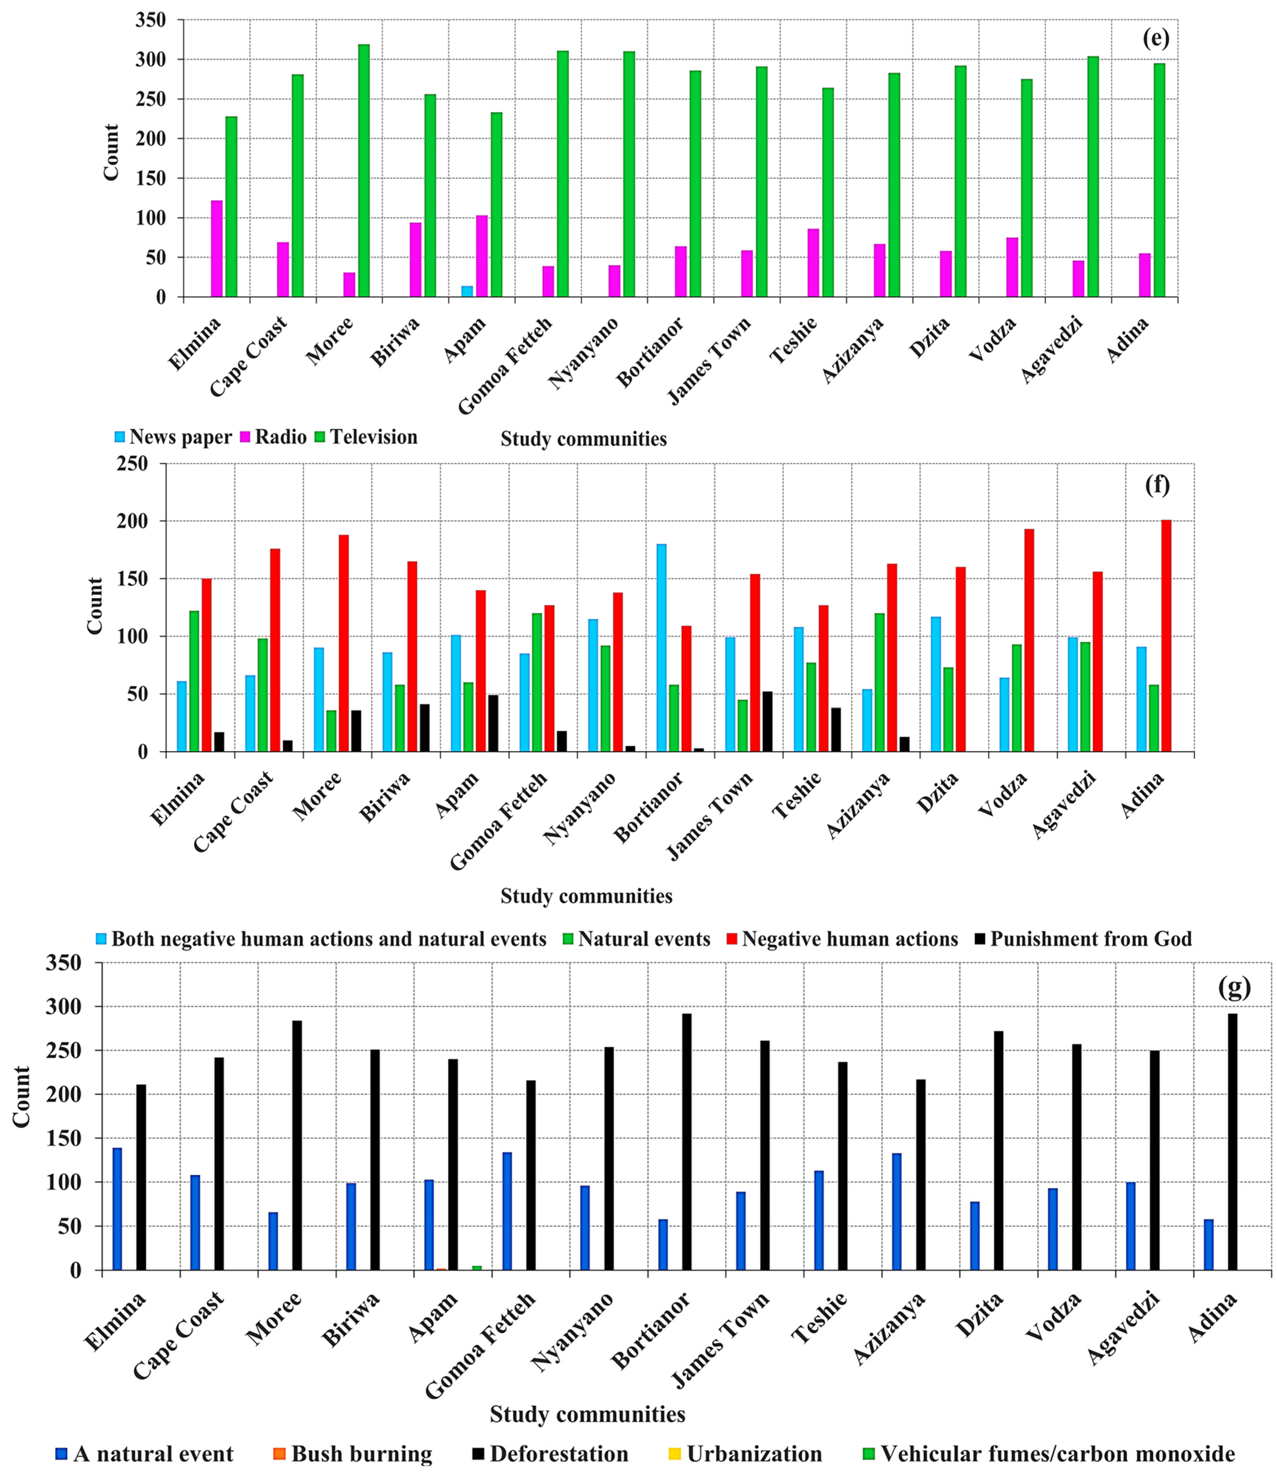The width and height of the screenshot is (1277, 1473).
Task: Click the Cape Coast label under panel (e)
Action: point(250,356)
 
